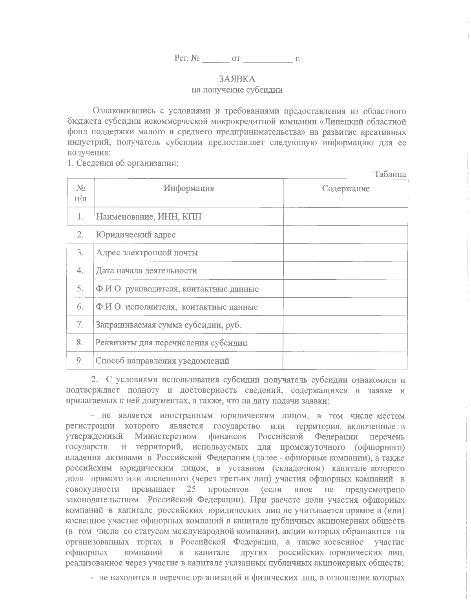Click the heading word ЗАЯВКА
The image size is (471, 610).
point(237,79)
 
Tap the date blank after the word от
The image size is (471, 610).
point(268,60)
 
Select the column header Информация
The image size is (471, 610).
point(189,188)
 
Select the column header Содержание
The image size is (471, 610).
point(345,189)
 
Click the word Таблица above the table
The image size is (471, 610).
point(390,174)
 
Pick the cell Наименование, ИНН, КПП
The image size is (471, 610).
point(149,216)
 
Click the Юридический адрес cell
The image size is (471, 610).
point(136,235)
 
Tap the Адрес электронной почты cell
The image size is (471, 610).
point(147,253)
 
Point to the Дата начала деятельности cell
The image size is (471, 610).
point(146,271)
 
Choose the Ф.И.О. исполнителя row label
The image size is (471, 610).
point(177,307)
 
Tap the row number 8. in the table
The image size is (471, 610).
point(80,343)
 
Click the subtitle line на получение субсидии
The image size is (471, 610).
point(237,90)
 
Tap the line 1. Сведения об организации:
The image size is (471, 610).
point(122,163)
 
